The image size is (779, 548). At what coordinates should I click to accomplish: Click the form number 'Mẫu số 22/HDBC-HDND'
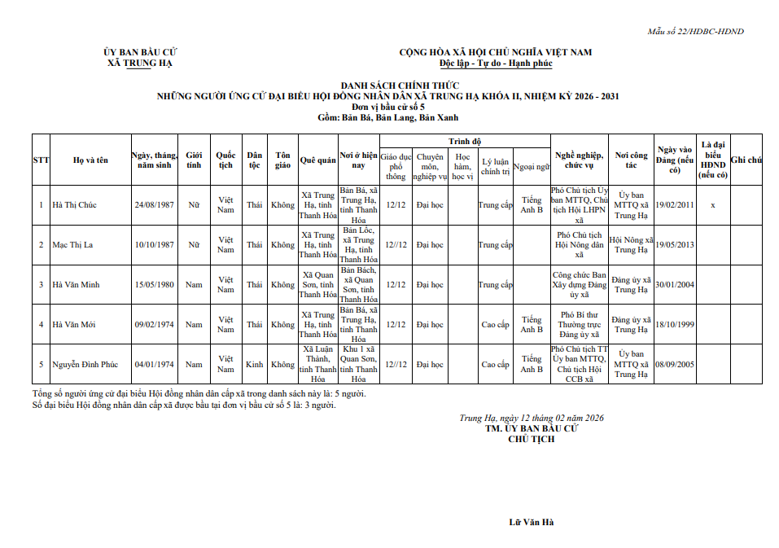[695, 32]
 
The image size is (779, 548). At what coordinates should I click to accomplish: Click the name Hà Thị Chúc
[74, 205]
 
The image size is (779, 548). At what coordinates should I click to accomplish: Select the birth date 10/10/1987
[155, 245]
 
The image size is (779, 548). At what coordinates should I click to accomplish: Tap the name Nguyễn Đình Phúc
[85, 365]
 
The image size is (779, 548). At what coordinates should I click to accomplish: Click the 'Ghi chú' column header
[746, 160]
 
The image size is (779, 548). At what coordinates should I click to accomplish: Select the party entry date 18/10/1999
[675, 325]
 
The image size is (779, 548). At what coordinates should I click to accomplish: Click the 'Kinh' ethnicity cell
[255, 365]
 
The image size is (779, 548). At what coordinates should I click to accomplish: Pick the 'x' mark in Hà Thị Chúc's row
[713, 205]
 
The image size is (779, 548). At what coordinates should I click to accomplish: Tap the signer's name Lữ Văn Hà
[531, 522]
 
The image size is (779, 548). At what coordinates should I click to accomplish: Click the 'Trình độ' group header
[464, 142]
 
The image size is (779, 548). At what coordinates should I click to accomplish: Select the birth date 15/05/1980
[155, 285]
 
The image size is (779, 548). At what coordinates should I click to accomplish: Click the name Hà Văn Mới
[74, 325]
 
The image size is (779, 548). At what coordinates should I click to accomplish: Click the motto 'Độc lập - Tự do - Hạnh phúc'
[495, 63]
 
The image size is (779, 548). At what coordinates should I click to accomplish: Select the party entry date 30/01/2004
[675, 285]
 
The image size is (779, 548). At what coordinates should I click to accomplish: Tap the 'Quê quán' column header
[317, 160]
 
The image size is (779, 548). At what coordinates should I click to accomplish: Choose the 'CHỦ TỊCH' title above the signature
[531, 439]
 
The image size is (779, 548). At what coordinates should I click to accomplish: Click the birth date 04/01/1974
[155, 365]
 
